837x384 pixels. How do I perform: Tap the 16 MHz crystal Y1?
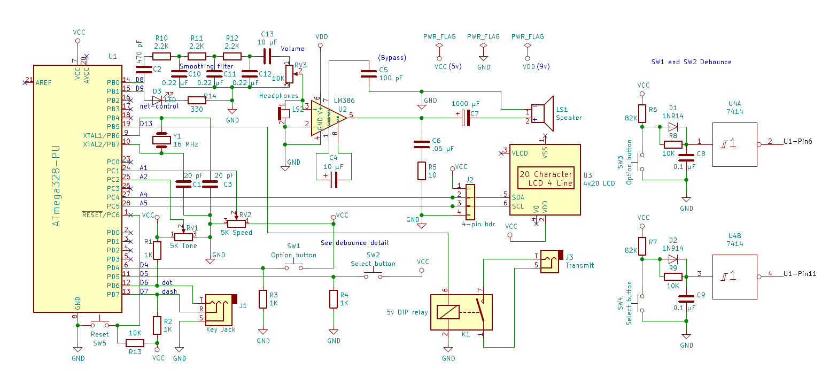pyautogui.click(x=161, y=140)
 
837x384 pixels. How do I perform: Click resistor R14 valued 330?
pyautogui.click(x=197, y=99)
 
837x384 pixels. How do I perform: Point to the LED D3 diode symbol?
pyautogui.click(x=158, y=99)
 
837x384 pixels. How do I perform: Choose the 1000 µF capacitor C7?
pyautogui.click(x=466, y=118)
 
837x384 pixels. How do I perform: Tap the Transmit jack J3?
pyautogui.click(x=551, y=262)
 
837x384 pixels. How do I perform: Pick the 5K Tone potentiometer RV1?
pyautogui.click(x=184, y=235)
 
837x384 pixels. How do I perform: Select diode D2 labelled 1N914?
pyautogui.click(x=672, y=259)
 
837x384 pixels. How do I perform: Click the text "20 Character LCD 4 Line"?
pyautogui.click(x=546, y=179)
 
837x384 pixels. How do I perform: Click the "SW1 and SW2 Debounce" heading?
pyautogui.click(x=691, y=62)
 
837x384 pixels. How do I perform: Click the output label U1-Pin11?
pyautogui.click(x=800, y=274)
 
